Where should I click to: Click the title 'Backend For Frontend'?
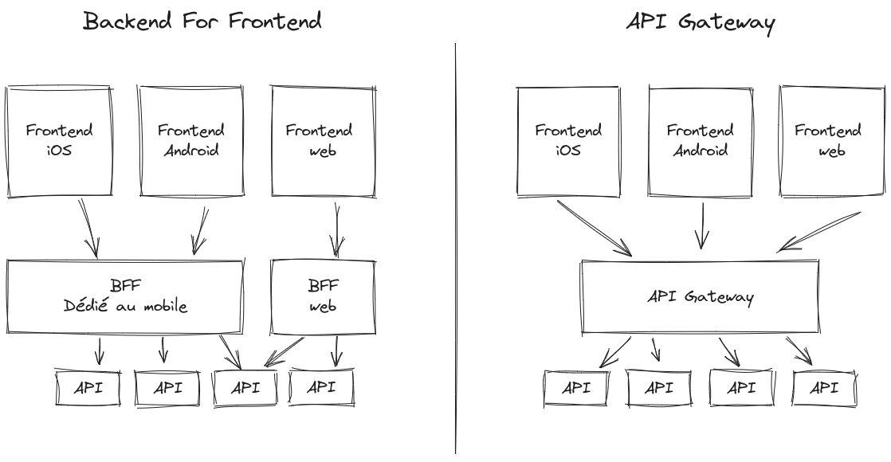pos(202,21)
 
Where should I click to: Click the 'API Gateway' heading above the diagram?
pos(701,22)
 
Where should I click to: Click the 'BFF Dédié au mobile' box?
pos(125,296)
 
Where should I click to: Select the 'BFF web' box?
pos(323,296)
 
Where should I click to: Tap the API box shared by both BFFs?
pos(245,388)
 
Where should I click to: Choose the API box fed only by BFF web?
pos(321,387)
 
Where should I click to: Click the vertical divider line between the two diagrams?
pos(456,239)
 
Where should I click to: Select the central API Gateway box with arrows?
pos(700,297)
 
